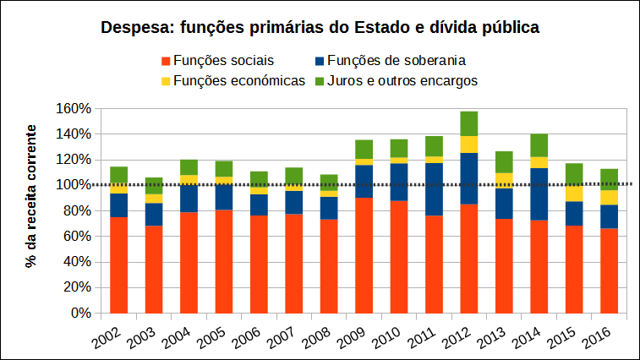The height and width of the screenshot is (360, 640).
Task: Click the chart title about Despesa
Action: click(x=320, y=27)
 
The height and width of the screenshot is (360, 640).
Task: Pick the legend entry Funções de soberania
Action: click(x=397, y=60)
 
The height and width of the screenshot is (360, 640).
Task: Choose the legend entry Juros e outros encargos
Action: click(x=402, y=80)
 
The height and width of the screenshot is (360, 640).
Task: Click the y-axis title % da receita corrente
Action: click(x=31, y=196)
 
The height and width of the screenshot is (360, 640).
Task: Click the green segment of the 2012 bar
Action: click(x=469, y=123)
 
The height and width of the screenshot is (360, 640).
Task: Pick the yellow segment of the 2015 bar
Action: click(x=574, y=193)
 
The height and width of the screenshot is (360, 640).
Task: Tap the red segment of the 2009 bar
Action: click(x=364, y=254)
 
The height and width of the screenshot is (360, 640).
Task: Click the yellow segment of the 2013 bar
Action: click(x=505, y=180)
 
